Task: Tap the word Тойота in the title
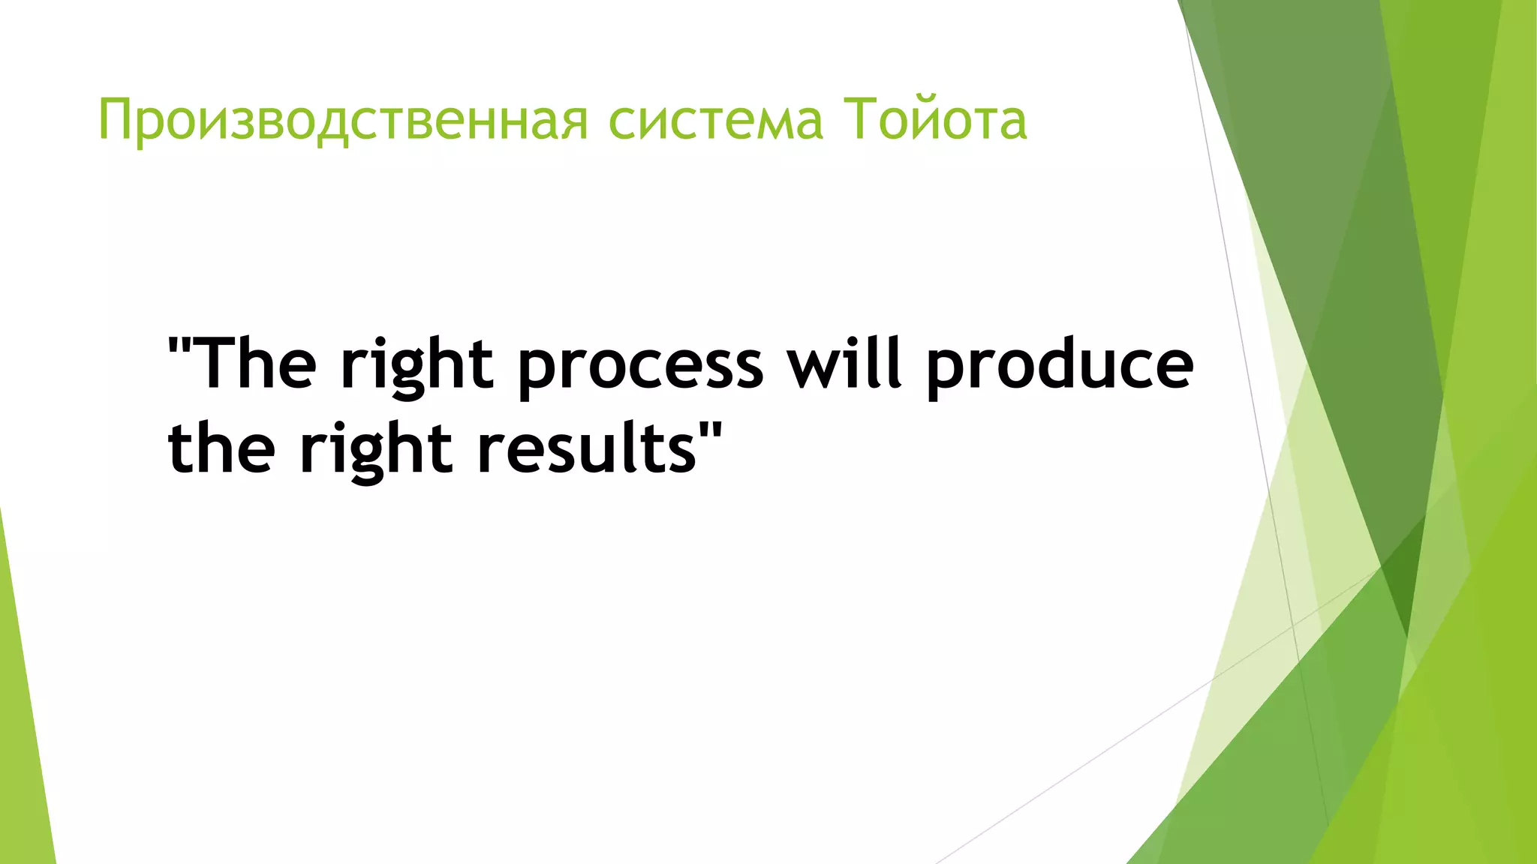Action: [935, 119]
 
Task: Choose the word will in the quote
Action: [844, 363]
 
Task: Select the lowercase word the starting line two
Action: [221, 448]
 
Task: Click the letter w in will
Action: [814, 367]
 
